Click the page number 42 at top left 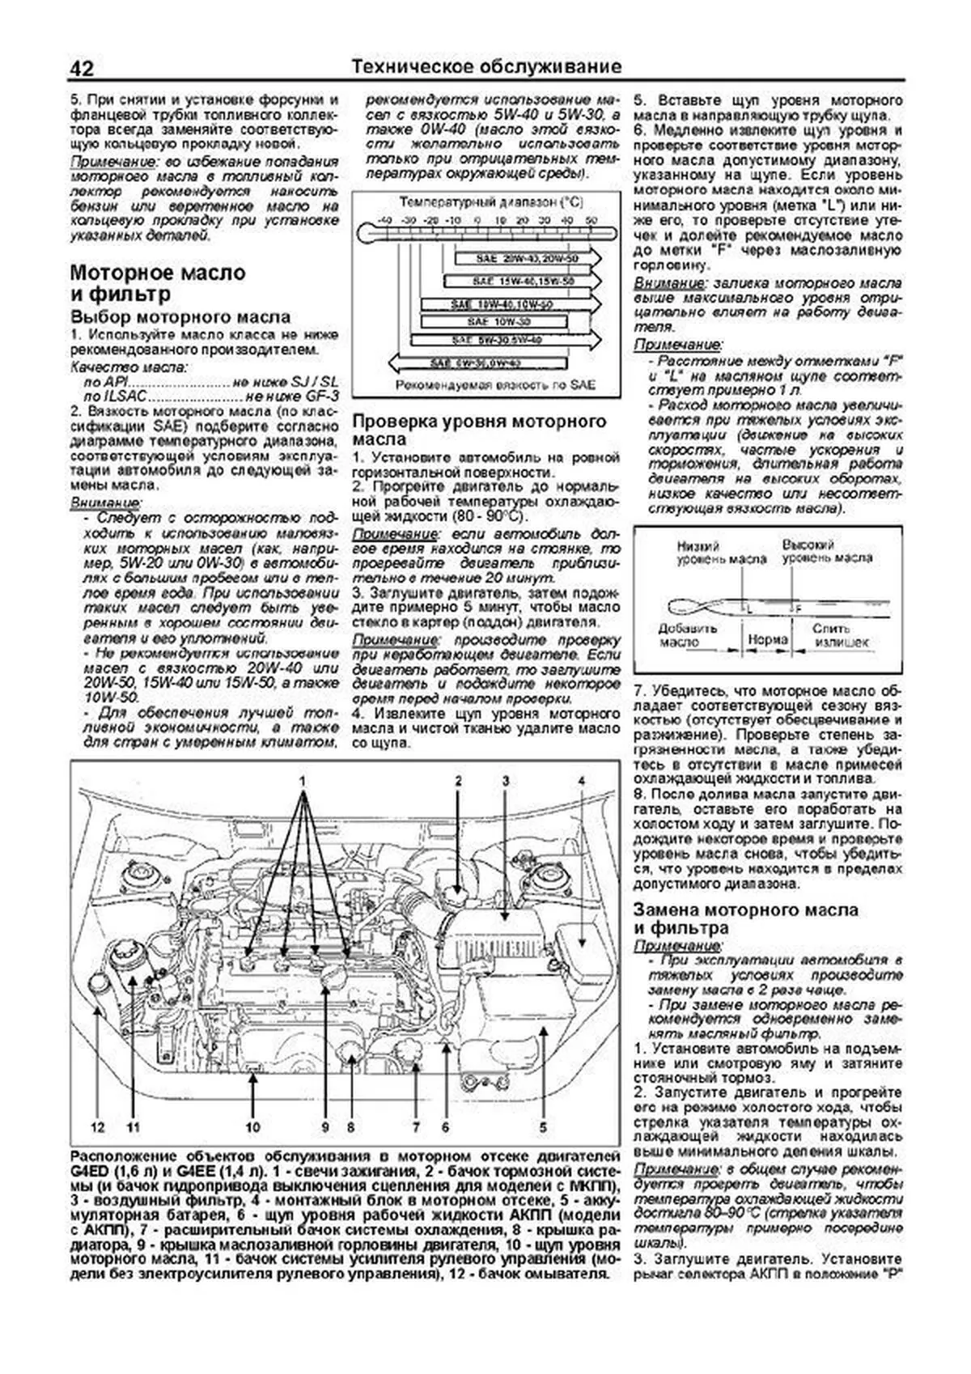point(83,68)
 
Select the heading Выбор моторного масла point(180,316)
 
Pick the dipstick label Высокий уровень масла point(826,553)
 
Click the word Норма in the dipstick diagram point(768,639)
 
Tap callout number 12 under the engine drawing point(98,1126)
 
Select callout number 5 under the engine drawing point(543,1126)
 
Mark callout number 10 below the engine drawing point(253,1126)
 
